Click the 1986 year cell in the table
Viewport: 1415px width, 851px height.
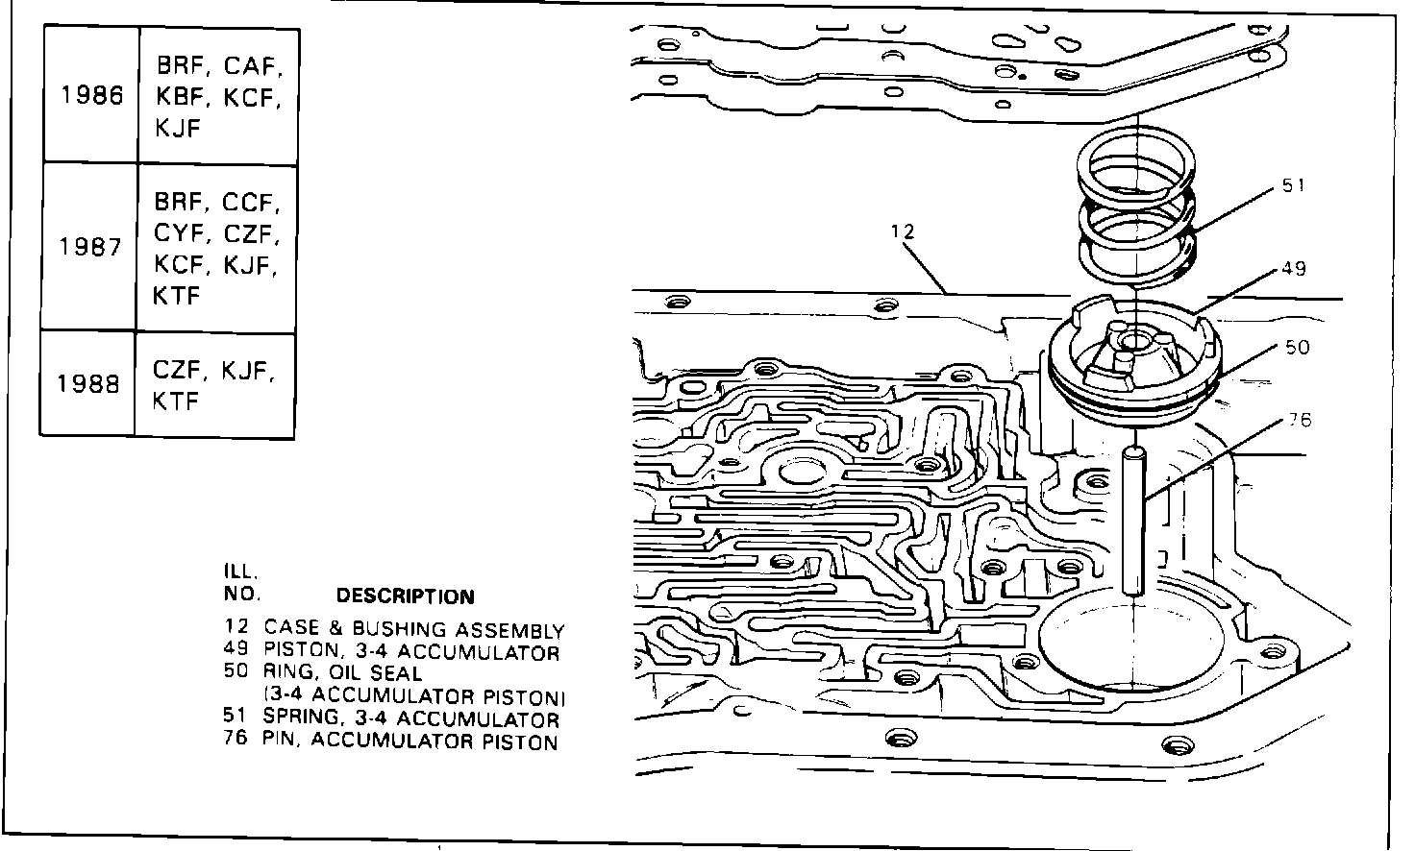91,96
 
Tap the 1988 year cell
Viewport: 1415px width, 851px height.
88,384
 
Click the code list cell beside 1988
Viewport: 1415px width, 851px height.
214,384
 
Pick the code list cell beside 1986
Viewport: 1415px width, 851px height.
218,96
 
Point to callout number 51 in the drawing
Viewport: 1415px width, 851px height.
1294,185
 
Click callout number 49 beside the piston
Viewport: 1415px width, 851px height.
1294,269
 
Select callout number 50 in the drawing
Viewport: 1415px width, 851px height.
1297,347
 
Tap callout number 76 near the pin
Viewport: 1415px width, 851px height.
1298,420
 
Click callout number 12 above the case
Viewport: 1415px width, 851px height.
903,231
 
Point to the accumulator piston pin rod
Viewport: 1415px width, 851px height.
1135,523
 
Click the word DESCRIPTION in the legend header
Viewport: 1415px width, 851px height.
405,596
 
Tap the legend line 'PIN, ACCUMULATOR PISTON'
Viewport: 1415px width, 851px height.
410,741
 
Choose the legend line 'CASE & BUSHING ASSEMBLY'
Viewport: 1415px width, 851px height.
413,630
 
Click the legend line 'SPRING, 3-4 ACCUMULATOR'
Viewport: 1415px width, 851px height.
410,718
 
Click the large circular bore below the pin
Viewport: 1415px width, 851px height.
1134,644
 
